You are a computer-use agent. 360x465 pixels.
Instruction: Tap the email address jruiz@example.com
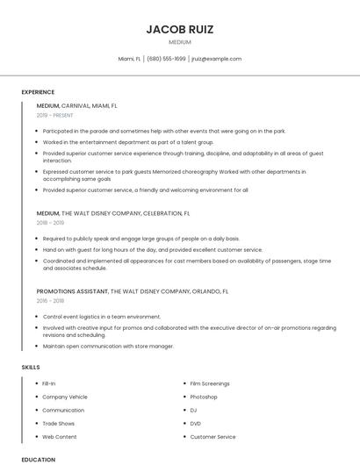click(x=216, y=59)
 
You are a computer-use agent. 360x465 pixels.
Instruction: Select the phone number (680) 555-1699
click(x=166, y=59)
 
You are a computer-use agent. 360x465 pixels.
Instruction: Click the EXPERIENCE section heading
click(x=38, y=91)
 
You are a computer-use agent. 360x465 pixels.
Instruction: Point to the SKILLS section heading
click(x=31, y=367)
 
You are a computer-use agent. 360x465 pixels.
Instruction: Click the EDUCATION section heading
click(x=38, y=459)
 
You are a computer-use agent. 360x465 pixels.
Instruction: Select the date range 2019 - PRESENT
click(x=56, y=115)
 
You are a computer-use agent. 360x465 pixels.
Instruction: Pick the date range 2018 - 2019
click(x=50, y=223)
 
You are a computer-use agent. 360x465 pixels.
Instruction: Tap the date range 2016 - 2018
click(x=50, y=300)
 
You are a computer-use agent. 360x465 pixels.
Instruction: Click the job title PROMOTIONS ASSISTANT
click(x=72, y=290)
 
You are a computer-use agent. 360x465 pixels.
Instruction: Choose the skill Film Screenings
click(x=210, y=383)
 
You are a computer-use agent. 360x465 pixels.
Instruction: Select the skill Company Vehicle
click(x=65, y=397)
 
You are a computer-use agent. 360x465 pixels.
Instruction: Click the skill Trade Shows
click(x=59, y=423)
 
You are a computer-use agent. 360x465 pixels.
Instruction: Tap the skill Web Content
click(x=60, y=436)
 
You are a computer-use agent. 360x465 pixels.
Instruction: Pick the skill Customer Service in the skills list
click(x=212, y=436)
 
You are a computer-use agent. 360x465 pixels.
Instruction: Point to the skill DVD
click(x=195, y=423)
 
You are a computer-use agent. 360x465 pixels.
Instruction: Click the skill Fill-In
click(x=49, y=383)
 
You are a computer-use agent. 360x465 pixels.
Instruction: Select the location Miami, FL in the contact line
click(x=129, y=59)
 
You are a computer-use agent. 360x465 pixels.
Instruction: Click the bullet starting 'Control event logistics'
click(x=102, y=316)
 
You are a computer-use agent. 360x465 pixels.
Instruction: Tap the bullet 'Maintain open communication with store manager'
click(x=108, y=346)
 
